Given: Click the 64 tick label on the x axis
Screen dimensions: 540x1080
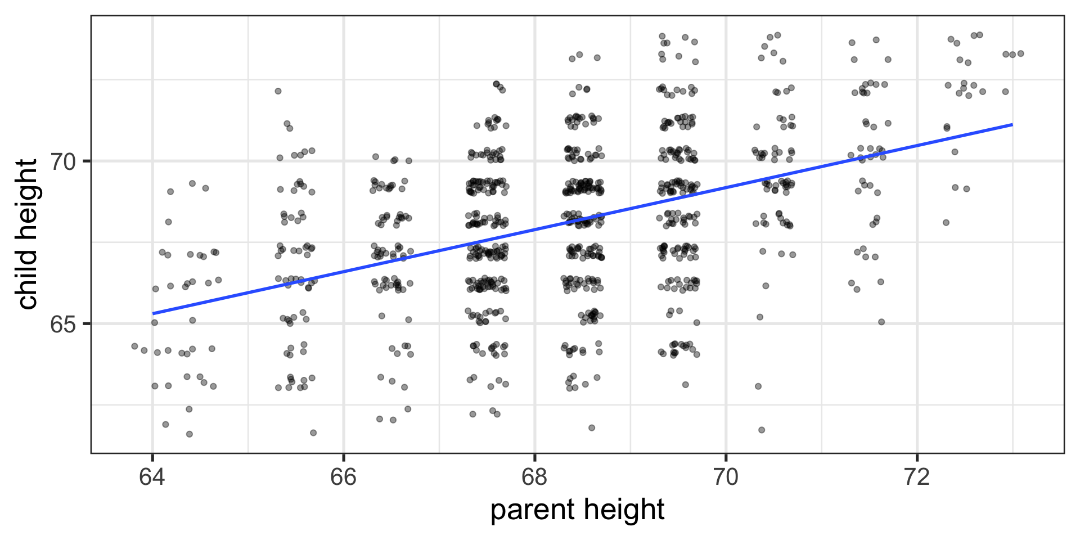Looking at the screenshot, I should pos(152,477).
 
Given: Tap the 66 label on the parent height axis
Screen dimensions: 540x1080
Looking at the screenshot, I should pos(343,477).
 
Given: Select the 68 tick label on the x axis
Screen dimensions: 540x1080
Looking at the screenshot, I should pos(534,477).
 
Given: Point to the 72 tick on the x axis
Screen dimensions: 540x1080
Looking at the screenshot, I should pos(917,477).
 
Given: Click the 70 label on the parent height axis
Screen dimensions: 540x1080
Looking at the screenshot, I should pos(726,477).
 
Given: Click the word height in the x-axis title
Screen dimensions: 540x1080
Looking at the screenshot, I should pos(624,510).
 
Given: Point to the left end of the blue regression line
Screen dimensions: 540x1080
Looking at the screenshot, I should pos(153,313).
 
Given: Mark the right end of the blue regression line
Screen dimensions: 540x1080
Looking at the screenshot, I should pos(1012,124).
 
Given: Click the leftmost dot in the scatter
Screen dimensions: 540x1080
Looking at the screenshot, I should pos(134,346).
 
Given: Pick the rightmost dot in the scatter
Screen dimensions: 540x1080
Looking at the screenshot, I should pos(1020,53).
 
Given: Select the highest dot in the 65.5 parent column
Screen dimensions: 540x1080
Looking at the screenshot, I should pos(278,91).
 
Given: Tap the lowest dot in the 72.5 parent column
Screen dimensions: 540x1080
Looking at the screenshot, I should pos(946,223).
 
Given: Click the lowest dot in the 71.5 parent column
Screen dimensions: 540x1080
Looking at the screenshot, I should pos(881,322).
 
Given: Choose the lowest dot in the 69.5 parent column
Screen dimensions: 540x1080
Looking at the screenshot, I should pos(685,385).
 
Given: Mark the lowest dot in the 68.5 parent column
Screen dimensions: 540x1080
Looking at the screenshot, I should pos(592,427).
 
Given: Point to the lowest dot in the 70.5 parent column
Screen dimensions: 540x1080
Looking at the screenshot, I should pos(762,430).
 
